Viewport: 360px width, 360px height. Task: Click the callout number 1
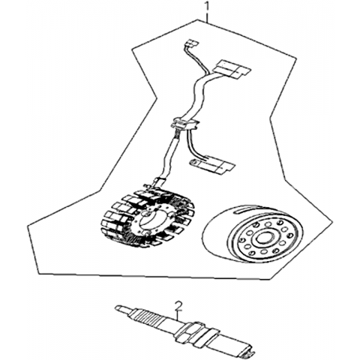(x=206, y=6)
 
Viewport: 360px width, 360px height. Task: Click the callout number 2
(x=178, y=307)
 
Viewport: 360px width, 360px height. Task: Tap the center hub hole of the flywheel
(x=262, y=238)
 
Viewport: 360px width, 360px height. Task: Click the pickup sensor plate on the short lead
(x=212, y=165)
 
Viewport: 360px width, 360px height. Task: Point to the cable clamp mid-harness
(x=185, y=124)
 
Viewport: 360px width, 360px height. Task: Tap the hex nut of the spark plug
(x=190, y=332)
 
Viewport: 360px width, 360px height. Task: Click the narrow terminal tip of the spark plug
(x=122, y=308)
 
